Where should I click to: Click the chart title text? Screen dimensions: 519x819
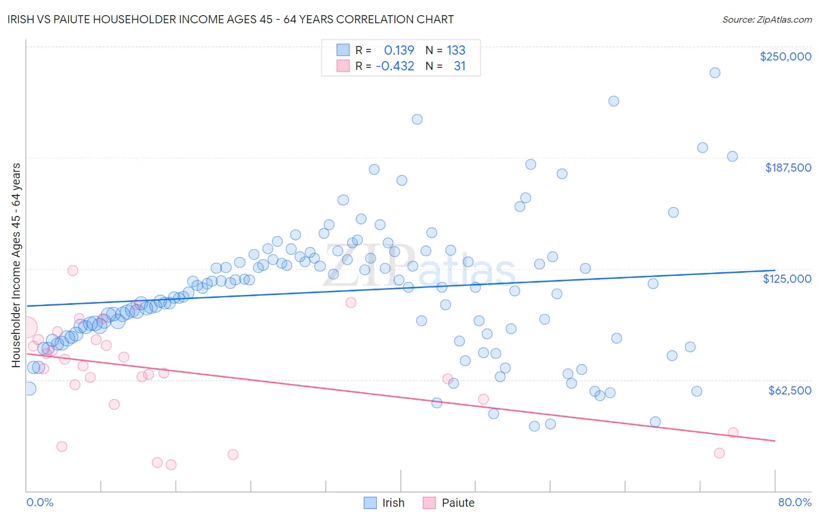tap(231, 19)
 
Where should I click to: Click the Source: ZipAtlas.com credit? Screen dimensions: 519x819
tap(767, 19)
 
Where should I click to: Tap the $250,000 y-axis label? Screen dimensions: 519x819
tap(785, 56)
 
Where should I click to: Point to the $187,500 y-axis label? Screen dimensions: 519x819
tap(788, 168)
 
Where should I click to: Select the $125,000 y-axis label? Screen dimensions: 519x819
tap(787, 279)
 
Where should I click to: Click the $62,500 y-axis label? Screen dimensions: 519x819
tap(789, 390)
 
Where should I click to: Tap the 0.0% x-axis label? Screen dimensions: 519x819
tap(40, 502)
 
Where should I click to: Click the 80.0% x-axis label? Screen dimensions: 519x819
tap(795, 502)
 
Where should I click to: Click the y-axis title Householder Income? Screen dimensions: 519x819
tap(16, 265)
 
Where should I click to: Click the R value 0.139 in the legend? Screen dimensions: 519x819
tap(399, 50)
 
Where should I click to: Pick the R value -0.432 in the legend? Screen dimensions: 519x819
tap(395, 66)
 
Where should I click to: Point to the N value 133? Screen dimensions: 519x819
tap(456, 50)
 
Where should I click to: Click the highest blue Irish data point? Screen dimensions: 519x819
tap(715, 73)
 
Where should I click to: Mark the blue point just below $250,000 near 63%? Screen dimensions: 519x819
tap(613, 101)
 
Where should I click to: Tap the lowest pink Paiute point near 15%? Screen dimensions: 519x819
tap(171, 464)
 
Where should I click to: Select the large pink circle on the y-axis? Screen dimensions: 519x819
tap(26, 328)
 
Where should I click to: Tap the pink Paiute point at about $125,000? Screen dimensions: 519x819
tap(73, 271)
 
